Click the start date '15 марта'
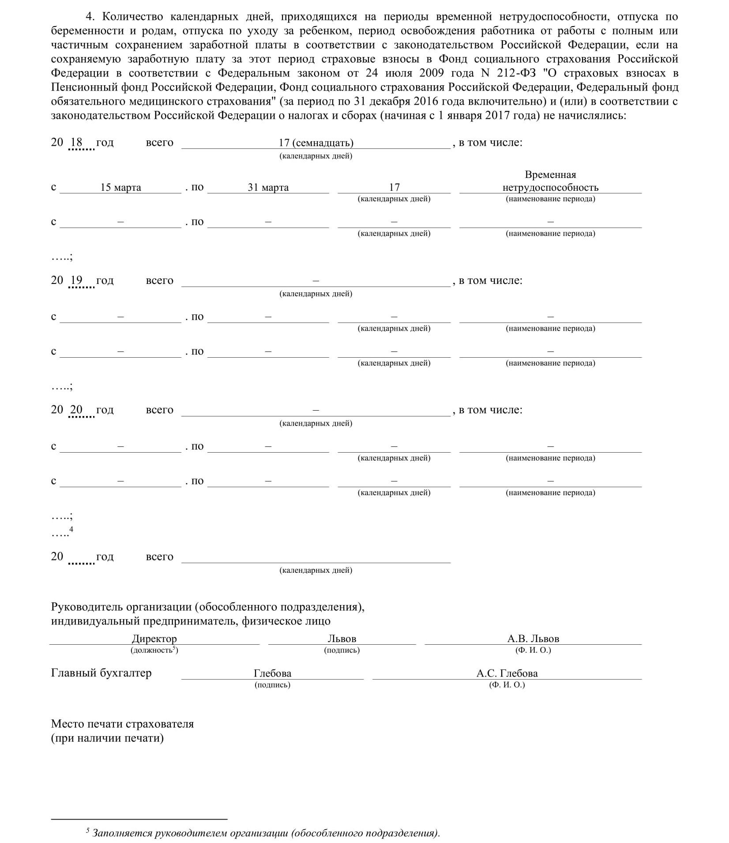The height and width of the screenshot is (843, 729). [x=120, y=188]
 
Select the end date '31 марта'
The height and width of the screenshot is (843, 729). [x=268, y=188]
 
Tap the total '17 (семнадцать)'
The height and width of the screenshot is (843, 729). [x=316, y=143]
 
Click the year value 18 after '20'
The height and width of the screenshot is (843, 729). [x=76, y=142]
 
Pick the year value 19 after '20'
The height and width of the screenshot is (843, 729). [x=76, y=280]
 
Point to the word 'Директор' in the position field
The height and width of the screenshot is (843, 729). [x=154, y=639]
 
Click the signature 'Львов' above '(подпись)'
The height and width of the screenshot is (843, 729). [x=342, y=639]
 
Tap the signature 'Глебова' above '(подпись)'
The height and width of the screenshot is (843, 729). [x=272, y=673]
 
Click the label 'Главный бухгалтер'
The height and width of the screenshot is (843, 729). [x=101, y=673]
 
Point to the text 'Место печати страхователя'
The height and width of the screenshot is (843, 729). [x=122, y=724]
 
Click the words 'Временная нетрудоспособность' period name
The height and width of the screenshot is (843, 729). [x=550, y=181]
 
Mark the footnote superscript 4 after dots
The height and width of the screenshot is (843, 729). [x=71, y=529]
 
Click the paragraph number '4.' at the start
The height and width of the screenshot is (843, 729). [x=90, y=17]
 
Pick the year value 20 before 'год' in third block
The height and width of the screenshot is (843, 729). [x=76, y=409]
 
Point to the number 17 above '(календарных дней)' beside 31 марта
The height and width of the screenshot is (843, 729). [x=394, y=188]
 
